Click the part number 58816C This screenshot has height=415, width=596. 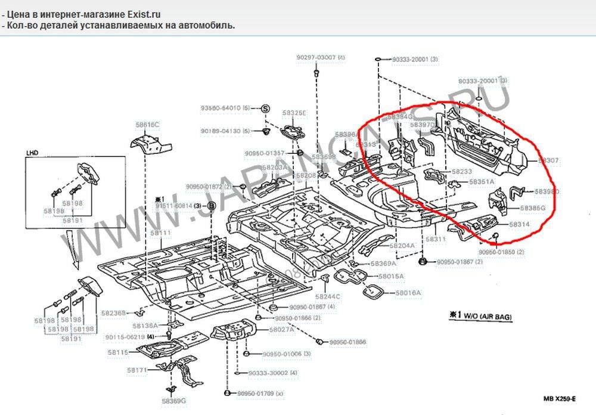[x=148, y=125]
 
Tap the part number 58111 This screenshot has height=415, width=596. [x=160, y=233]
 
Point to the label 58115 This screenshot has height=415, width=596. [x=118, y=352]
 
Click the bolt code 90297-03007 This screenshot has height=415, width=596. [x=316, y=57]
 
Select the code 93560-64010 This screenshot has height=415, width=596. [x=221, y=108]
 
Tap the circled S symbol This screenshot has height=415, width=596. [x=266, y=108]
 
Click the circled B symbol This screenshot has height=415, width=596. [x=210, y=206]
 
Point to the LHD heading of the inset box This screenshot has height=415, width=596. [x=32, y=152]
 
